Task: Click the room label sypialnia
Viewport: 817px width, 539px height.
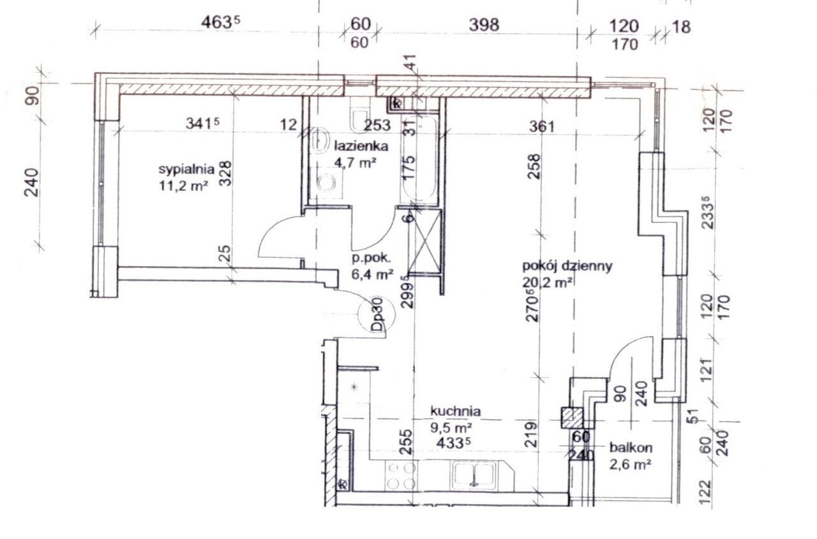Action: tap(186, 170)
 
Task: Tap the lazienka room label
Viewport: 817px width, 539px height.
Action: tap(361, 146)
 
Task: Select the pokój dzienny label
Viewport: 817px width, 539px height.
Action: tap(567, 267)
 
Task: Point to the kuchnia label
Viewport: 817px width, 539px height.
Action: tap(456, 411)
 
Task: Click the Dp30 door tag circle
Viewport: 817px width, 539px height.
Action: tap(377, 313)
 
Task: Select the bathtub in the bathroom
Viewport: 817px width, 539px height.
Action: tap(419, 159)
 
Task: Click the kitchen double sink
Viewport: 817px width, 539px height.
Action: tap(474, 475)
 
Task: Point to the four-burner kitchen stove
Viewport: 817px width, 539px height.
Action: tap(401, 475)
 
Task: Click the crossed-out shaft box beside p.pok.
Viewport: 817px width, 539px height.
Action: tap(424, 241)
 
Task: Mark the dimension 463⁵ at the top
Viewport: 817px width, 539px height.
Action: tap(221, 24)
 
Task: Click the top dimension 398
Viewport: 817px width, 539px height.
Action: tap(484, 25)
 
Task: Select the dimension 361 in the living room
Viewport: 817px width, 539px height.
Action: tap(542, 127)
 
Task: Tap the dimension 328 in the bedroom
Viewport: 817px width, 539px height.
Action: tap(225, 174)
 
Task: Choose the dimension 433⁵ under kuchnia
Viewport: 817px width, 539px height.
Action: tap(454, 443)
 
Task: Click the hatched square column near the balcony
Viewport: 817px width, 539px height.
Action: tap(572, 418)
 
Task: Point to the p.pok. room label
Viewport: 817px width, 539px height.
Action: tap(371, 258)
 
